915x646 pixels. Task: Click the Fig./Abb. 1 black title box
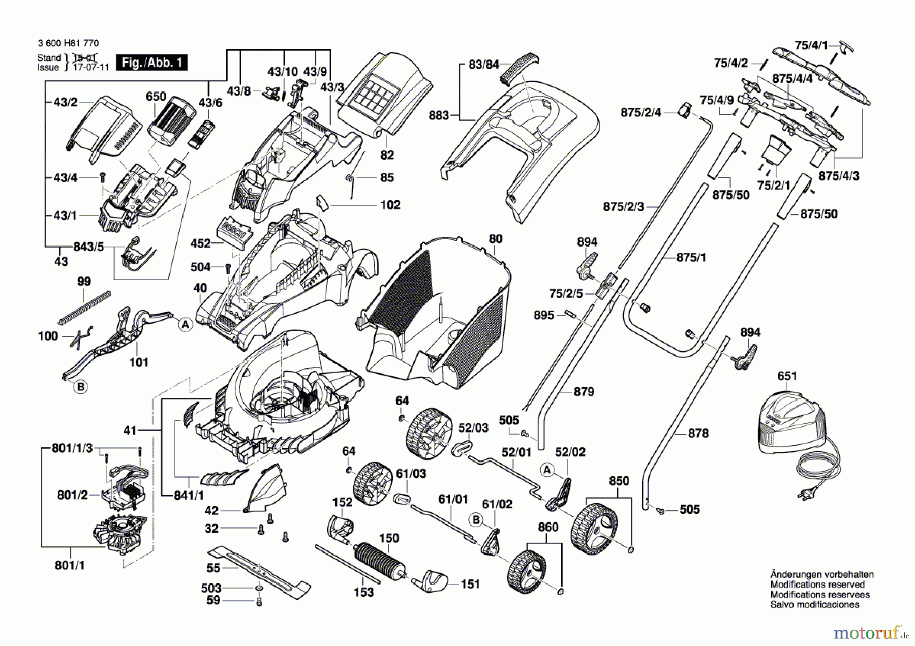[x=151, y=63]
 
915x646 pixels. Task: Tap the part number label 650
[x=156, y=97]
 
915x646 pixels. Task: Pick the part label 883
[x=439, y=115]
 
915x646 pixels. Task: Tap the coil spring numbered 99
[x=85, y=306]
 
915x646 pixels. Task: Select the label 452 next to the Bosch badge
[x=201, y=243]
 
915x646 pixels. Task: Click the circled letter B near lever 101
[x=80, y=387]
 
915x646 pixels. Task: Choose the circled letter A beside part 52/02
[x=547, y=470]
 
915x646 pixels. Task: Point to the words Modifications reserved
[x=817, y=585]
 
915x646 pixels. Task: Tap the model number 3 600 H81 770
[x=68, y=43]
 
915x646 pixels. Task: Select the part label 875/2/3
[x=623, y=207]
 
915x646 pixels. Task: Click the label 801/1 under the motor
[x=70, y=565]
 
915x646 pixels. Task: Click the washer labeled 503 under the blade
[x=259, y=588]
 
